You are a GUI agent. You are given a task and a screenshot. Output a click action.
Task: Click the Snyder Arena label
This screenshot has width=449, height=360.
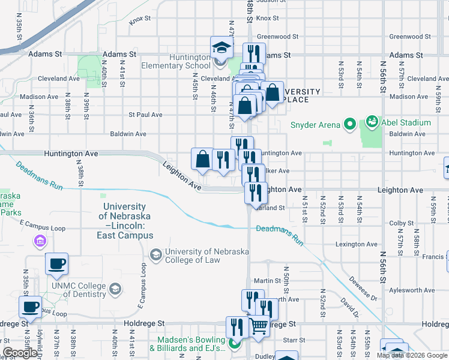(315, 125)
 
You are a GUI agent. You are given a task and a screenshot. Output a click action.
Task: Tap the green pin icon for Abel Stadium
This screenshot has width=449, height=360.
(372, 122)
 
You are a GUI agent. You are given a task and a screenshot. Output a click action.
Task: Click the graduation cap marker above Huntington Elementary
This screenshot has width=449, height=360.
(221, 47)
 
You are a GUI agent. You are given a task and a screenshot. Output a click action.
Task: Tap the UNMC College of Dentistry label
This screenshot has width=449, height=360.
(78, 290)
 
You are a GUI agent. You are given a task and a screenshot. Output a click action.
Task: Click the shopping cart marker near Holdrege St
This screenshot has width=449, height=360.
(259, 326)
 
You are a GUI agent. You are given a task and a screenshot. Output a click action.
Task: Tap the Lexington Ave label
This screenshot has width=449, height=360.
(357, 244)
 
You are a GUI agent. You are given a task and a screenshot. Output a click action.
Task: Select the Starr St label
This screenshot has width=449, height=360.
(290, 340)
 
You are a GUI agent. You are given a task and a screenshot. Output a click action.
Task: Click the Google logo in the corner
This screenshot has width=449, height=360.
(20, 353)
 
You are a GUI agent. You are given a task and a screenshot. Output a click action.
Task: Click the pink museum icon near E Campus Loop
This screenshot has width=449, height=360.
(40, 242)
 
